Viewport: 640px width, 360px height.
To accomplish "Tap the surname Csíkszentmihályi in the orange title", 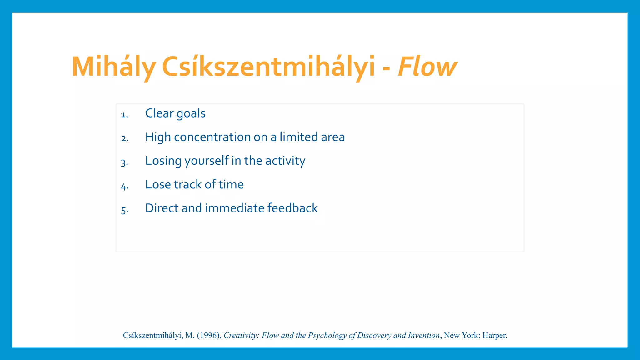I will [x=268, y=67].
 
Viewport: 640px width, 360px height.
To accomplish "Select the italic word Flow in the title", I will [x=427, y=67].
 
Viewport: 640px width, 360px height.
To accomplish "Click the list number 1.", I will [x=124, y=115].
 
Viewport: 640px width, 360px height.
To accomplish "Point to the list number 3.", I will [x=124, y=163].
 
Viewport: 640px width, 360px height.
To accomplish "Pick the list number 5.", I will [x=124, y=210].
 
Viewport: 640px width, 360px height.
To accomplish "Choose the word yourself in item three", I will [x=207, y=161].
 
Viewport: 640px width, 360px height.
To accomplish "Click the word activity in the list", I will [x=285, y=161].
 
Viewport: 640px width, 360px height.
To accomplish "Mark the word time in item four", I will [x=231, y=185].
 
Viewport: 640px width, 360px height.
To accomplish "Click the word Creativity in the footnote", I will [x=241, y=336].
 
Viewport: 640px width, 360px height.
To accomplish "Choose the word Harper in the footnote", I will [x=494, y=336].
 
